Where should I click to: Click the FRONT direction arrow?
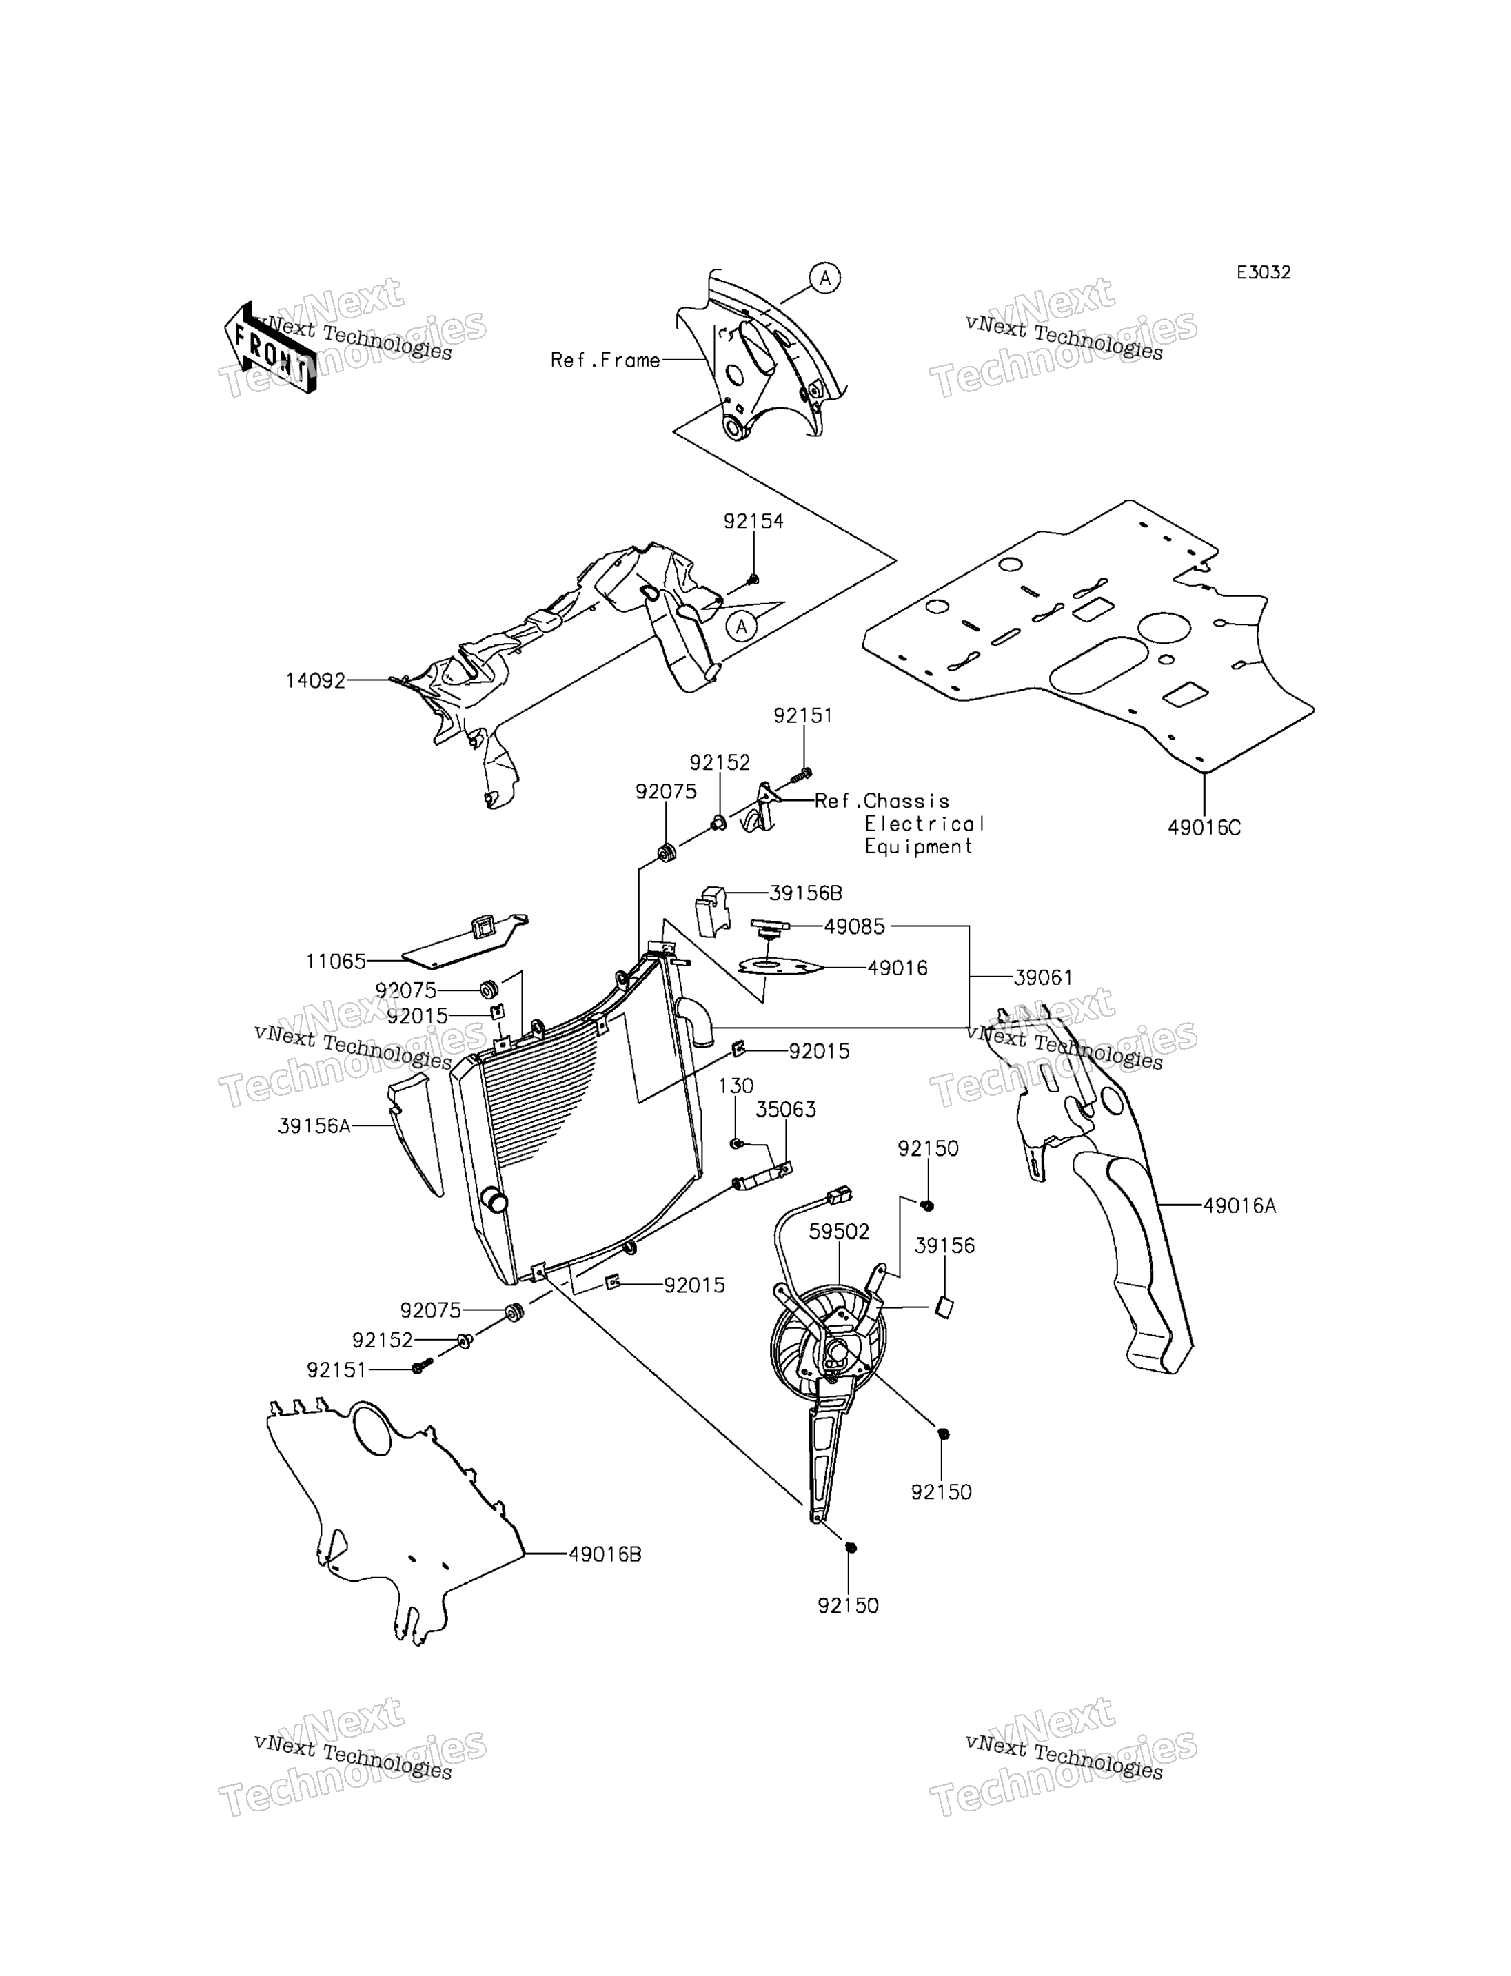[x=270, y=348]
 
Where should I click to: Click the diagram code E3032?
[x=1263, y=272]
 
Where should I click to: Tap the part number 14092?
[x=316, y=681]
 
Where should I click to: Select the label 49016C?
[x=1204, y=828]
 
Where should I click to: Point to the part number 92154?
[x=753, y=522]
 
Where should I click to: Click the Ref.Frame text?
[x=605, y=360]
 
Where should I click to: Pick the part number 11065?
[x=336, y=961]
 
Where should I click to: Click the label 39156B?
[x=806, y=893]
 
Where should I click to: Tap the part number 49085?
[x=855, y=926]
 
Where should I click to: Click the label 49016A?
[x=1239, y=1207]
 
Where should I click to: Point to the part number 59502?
[x=839, y=1232]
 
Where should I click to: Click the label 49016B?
[x=605, y=1554]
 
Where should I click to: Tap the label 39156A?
[x=314, y=1126]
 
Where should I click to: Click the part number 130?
[x=736, y=1086]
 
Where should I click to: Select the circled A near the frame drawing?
[x=824, y=278]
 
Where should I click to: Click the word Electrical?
[x=924, y=824]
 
